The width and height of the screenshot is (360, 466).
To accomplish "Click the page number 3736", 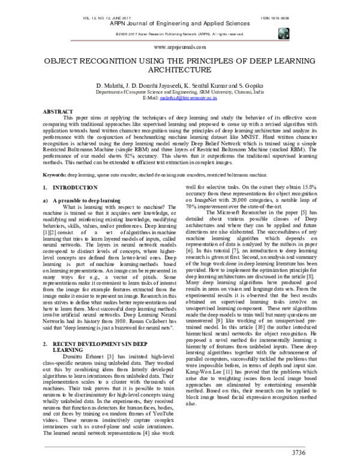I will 325,452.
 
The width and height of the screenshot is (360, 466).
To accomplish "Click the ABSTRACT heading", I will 53,112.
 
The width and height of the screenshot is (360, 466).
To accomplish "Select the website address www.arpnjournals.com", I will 180,46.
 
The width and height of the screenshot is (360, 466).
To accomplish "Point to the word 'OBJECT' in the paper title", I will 62,62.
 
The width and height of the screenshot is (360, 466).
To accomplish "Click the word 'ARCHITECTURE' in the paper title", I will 180,71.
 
